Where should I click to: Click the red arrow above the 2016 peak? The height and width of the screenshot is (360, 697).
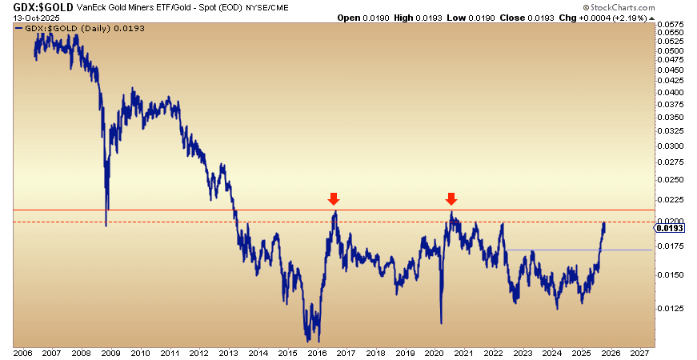pyautogui.click(x=334, y=198)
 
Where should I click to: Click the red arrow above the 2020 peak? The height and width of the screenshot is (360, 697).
pyautogui.click(x=451, y=198)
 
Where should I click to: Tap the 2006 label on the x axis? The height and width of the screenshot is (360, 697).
pyautogui.click(x=23, y=352)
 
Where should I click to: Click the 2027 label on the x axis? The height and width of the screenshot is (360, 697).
pyautogui.click(x=639, y=352)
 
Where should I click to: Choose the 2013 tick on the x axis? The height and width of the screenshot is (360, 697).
pyautogui.click(x=228, y=352)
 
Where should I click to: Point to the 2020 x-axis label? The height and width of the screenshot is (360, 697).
pyautogui.click(x=434, y=352)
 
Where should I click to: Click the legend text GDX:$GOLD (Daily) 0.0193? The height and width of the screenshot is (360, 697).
pyautogui.click(x=67, y=28)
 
